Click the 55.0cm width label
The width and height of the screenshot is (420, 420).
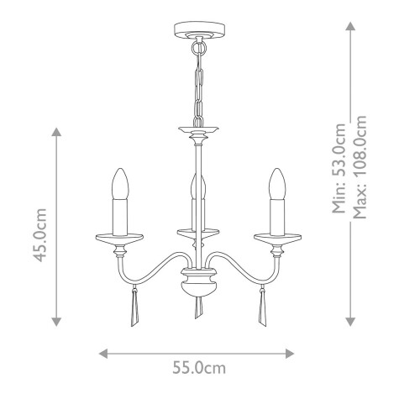pyautogui.click(x=197, y=367)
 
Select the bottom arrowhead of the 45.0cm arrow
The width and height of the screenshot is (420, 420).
pyautogui.click(x=55, y=320)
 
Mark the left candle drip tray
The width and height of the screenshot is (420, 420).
pyautogui.click(x=118, y=236)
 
